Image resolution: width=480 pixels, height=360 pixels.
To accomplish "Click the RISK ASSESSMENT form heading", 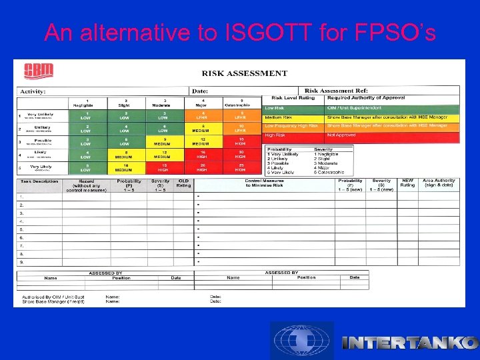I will [x=245, y=73].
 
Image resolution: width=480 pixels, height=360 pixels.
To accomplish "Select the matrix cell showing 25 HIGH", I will [x=241, y=168].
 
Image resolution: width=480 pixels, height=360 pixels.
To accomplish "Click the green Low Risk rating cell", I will [x=293, y=108].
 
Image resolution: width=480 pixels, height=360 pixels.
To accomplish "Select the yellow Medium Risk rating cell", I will [x=293, y=117].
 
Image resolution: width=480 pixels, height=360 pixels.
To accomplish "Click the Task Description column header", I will [x=39, y=181].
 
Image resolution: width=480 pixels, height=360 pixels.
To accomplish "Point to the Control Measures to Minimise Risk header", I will [x=265, y=183].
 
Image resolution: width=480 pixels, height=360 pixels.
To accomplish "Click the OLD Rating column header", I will [x=183, y=183].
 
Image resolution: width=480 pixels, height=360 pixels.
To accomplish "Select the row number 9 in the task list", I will [x=21, y=262].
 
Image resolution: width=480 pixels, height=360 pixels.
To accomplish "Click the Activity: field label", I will [x=33, y=91].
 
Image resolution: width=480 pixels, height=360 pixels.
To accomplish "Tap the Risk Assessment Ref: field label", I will [x=336, y=90].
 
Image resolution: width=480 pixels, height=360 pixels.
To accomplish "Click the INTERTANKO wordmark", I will [x=409, y=343].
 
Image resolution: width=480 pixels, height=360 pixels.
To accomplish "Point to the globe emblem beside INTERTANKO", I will [x=302, y=341].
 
